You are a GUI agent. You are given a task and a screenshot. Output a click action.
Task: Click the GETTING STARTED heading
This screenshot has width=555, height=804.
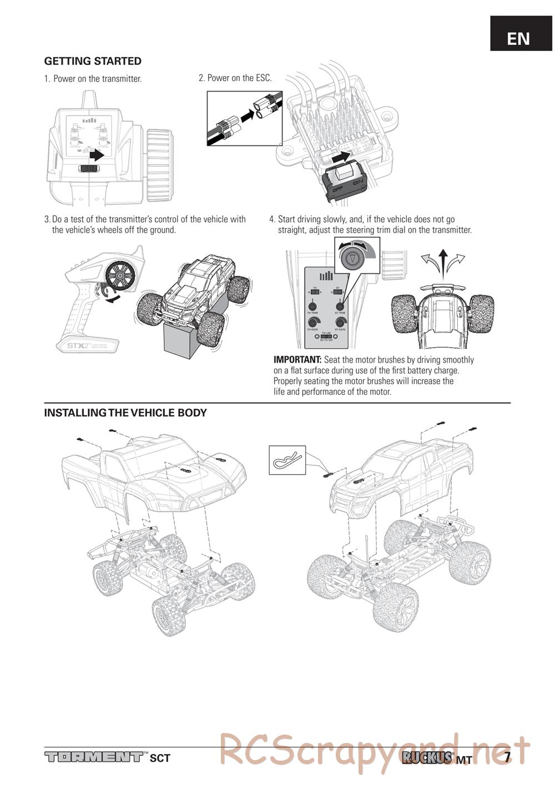click(x=93, y=61)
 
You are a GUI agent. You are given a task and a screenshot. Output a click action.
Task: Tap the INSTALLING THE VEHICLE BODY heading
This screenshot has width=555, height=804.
click(x=125, y=413)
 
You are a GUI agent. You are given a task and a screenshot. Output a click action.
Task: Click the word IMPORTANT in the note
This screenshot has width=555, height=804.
click(x=297, y=360)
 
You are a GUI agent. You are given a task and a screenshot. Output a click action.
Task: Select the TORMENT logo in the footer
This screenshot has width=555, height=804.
click(x=94, y=757)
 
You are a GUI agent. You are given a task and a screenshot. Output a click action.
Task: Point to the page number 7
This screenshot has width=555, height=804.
click(x=507, y=756)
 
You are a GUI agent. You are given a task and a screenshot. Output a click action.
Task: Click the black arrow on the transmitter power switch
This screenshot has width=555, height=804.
click(x=96, y=154)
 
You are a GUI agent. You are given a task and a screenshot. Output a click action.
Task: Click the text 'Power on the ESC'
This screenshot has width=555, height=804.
click(x=239, y=78)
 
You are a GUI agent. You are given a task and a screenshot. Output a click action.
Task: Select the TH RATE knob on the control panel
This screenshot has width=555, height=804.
click(x=313, y=322)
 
